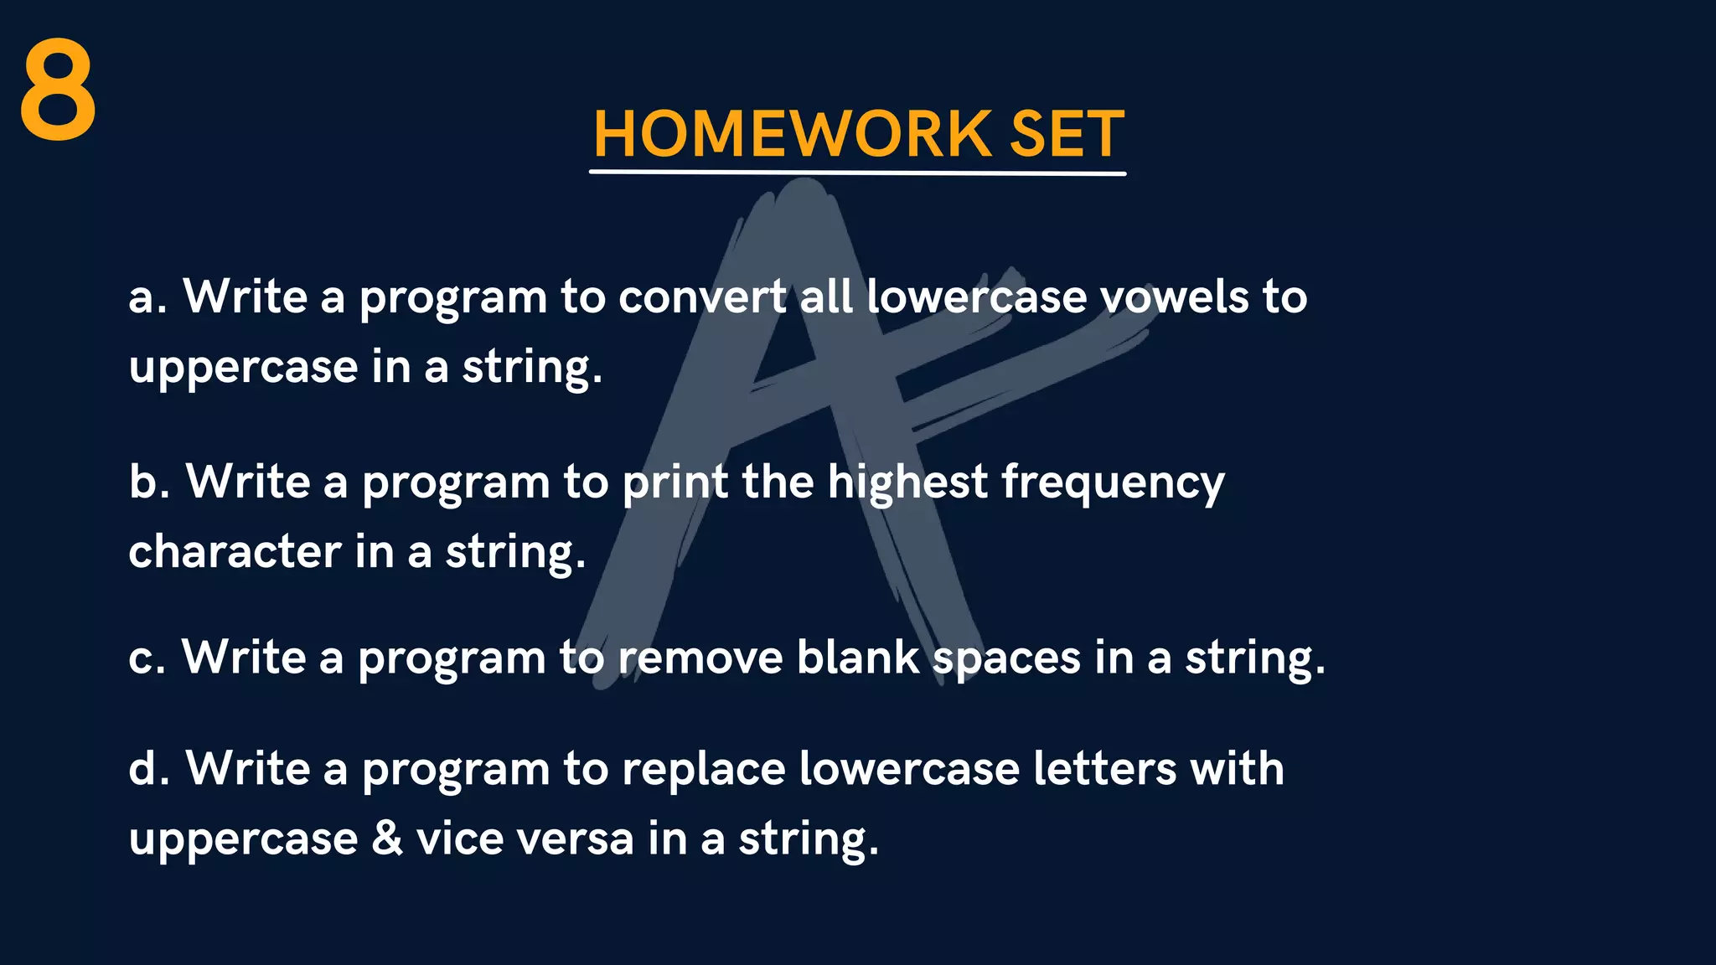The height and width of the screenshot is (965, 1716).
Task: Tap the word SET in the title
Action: [x=1066, y=134]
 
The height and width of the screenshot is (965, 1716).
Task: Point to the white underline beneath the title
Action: [x=856, y=173]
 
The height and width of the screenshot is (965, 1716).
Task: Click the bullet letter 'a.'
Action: [x=147, y=298]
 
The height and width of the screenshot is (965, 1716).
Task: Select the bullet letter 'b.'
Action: [x=148, y=482]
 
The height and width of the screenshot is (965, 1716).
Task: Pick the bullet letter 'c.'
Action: [x=146, y=658]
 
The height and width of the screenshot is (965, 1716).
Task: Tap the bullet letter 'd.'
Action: [x=148, y=769]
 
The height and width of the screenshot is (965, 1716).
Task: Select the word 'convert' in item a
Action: [x=702, y=298]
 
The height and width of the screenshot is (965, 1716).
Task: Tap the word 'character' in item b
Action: [x=235, y=553]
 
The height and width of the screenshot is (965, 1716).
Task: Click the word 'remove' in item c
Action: [x=700, y=658]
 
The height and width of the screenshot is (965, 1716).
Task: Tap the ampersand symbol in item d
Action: [x=386, y=839]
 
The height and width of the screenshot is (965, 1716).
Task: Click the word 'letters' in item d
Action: [x=1104, y=769]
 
